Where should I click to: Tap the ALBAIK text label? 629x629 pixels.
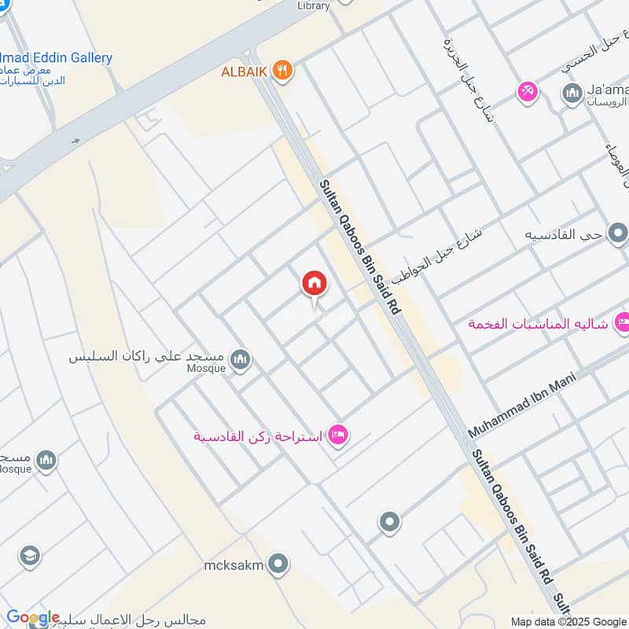click(245, 72)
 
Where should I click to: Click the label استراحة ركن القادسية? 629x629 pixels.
click(259, 436)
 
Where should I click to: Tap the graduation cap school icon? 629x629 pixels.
click(30, 556)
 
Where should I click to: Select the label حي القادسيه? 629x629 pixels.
click(566, 234)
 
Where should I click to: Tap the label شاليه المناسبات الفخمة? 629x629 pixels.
click(538, 323)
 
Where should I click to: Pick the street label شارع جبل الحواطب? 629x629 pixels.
click(440, 259)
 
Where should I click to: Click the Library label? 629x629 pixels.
click(314, 6)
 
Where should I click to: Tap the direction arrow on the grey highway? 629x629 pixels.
click(75, 142)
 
